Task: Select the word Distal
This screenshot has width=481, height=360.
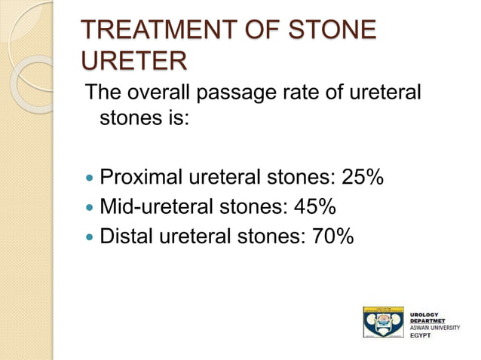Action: (x=125, y=236)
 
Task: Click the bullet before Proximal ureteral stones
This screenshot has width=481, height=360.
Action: (x=90, y=179)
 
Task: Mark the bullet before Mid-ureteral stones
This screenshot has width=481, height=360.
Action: (x=90, y=208)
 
